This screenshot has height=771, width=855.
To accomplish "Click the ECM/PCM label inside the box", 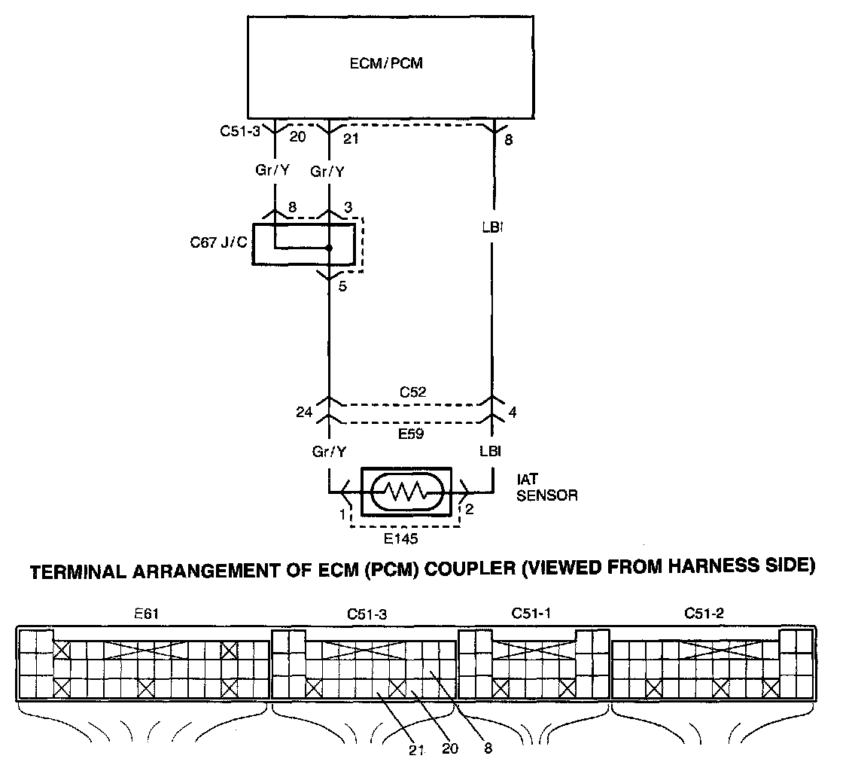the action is [386, 63].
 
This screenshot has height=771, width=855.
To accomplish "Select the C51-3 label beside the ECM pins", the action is [240, 131].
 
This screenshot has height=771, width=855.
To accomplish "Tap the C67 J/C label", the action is [218, 242].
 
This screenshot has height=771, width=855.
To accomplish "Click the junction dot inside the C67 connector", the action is [329, 248].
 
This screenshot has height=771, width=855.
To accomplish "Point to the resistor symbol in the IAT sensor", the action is [406, 492].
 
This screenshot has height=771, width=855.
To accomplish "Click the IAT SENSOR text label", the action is [547, 487].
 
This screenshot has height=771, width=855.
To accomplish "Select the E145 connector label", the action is [400, 539].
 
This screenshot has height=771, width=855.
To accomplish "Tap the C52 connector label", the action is [412, 392].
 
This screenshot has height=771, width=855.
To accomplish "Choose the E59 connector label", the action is [411, 434].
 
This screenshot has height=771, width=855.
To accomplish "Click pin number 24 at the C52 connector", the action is [304, 412].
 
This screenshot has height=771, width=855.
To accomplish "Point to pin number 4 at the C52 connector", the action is [513, 413].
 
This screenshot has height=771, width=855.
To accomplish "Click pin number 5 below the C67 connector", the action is [342, 286].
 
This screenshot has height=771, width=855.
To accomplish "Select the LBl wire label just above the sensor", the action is [490, 451].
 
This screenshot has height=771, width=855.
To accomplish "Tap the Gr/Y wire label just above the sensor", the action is [330, 452].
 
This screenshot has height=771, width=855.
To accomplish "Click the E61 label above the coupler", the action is [146, 614].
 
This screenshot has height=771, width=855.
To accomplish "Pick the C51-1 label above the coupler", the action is [531, 614].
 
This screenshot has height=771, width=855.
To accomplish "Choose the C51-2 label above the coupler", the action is [704, 614].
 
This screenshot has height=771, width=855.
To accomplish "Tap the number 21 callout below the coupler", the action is [417, 750].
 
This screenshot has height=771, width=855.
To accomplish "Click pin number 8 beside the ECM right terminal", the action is [508, 140].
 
